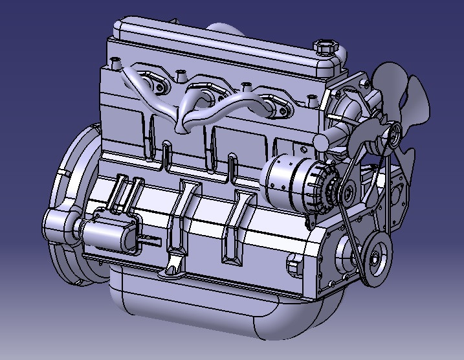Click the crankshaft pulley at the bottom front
(375, 257)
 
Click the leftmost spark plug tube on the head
(117, 63)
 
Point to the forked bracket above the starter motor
(126, 192)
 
